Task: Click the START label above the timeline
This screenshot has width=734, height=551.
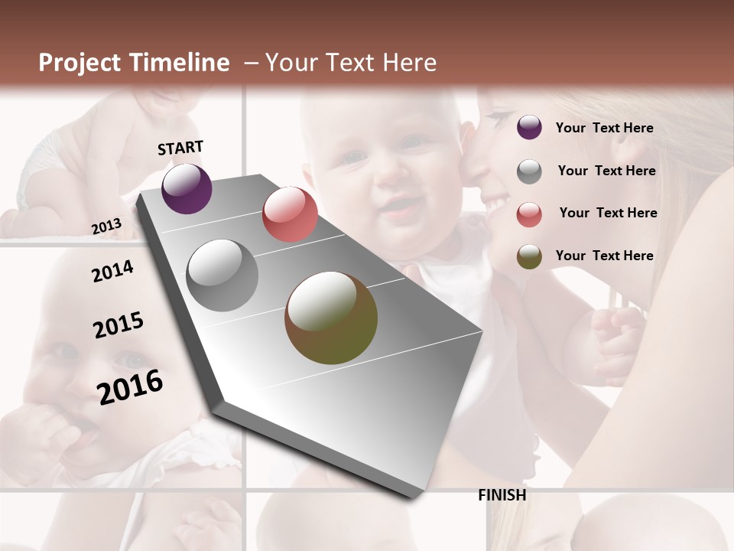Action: click(x=180, y=148)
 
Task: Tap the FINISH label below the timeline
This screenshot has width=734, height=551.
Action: click(x=502, y=495)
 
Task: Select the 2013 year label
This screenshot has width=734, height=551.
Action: click(x=106, y=226)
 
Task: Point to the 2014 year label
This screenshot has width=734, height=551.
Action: click(x=112, y=271)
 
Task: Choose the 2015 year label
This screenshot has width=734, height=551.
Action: click(x=119, y=325)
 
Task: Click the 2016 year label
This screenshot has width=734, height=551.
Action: click(x=130, y=386)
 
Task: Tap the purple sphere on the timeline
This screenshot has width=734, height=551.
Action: click(x=187, y=188)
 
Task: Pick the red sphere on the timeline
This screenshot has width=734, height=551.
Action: click(x=290, y=214)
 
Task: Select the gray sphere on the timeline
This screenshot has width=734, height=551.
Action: click(x=222, y=275)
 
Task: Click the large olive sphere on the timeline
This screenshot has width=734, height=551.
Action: click(x=331, y=318)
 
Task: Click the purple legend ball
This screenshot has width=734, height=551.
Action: click(x=529, y=128)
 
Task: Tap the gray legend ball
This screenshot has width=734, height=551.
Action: click(x=529, y=171)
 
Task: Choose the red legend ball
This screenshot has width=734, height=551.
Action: click(x=529, y=214)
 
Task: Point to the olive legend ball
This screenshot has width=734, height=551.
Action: click(x=529, y=256)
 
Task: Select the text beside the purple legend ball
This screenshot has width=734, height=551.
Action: click(x=604, y=128)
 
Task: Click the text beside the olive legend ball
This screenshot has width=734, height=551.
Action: click(x=604, y=256)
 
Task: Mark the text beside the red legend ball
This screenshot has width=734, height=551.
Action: click(x=608, y=213)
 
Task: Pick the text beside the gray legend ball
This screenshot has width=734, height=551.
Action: click(x=606, y=171)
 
